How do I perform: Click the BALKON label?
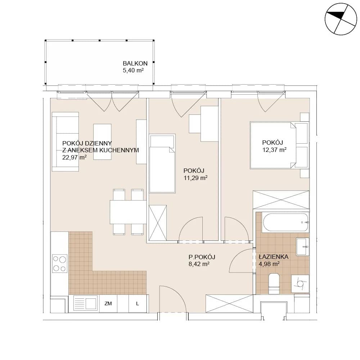(x=135, y=63)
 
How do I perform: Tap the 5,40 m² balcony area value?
(x=133, y=71)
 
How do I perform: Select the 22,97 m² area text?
(x=75, y=157)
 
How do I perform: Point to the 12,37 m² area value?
(x=274, y=150)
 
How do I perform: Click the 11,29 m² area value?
(x=195, y=178)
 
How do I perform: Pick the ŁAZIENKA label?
(x=274, y=257)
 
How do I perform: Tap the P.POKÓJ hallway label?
(x=202, y=257)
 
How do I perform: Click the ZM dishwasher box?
(x=108, y=303)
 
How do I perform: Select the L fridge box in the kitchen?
(x=138, y=303)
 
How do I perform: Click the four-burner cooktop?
(x=60, y=264)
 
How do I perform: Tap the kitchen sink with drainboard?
(x=85, y=303)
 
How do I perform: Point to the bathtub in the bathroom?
(x=285, y=222)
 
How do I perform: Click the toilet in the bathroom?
(x=274, y=284)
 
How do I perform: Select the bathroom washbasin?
(x=303, y=247)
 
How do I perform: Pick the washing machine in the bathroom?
(x=300, y=284)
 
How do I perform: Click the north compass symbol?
(x=341, y=19)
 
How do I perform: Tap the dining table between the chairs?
(x=128, y=212)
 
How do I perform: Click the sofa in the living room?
(x=66, y=141)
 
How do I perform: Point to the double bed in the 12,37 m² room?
(x=279, y=145)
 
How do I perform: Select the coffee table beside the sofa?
(x=102, y=141)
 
